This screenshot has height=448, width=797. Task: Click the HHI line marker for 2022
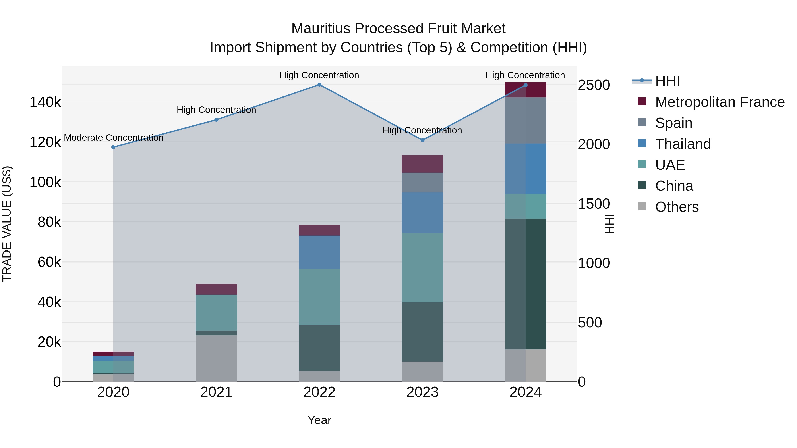pyautogui.click(x=319, y=85)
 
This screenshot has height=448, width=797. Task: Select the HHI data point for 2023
pyautogui.click(x=422, y=140)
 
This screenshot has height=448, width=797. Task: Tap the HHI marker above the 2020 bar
pyautogui.click(x=113, y=147)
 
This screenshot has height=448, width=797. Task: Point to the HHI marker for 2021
pyautogui.click(x=216, y=120)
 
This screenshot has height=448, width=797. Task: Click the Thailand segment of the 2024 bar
pyautogui.click(x=525, y=169)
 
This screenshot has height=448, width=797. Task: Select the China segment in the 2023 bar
pyautogui.click(x=422, y=332)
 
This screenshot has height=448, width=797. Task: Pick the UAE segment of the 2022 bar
pyautogui.click(x=319, y=297)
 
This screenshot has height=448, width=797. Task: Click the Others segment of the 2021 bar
pyautogui.click(x=216, y=358)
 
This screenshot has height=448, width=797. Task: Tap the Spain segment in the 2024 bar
pyautogui.click(x=525, y=120)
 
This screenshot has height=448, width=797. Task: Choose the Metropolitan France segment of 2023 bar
pyautogui.click(x=422, y=164)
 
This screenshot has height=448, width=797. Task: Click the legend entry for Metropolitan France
pyautogui.click(x=720, y=102)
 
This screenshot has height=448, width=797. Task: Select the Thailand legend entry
pyautogui.click(x=683, y=144)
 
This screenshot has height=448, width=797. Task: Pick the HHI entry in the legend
pyautogui.click(x=667, y=81)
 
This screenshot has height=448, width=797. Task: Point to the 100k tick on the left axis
pyautogui.click(x=45, y=182)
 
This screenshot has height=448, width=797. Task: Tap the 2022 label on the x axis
pyautogui.click(x=319, y=392)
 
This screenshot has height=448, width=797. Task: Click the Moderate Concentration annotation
pyautogui.click(x=114, y=138)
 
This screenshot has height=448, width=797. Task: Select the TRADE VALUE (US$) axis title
pyautogui.click(x=7, y=224)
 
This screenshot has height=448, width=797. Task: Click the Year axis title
pyautogui.click(x=319, y=420)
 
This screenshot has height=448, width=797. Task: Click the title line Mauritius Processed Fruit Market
pyautogui.click(x=398, y=29)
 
